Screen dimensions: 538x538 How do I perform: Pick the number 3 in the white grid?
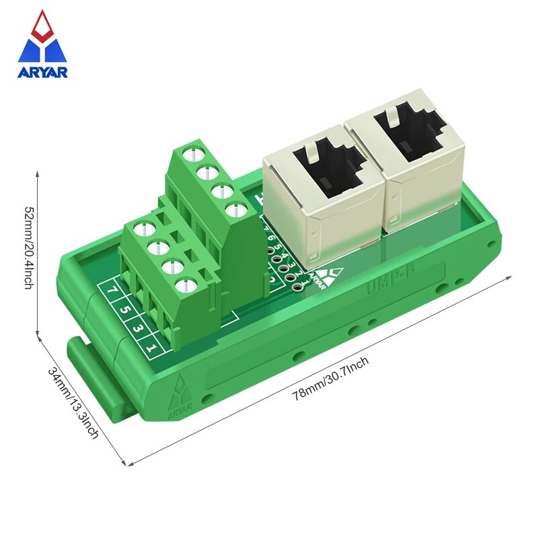pyautogui.click(x=137, y=328)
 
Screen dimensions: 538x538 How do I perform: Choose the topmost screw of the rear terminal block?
pyautogui.click(x=192, y=153)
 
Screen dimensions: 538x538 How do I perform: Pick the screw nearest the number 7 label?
pyautogui.click(x=143, y=229)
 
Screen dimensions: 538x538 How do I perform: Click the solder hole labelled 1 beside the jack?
pyautogui.click(x=296, y=287)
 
